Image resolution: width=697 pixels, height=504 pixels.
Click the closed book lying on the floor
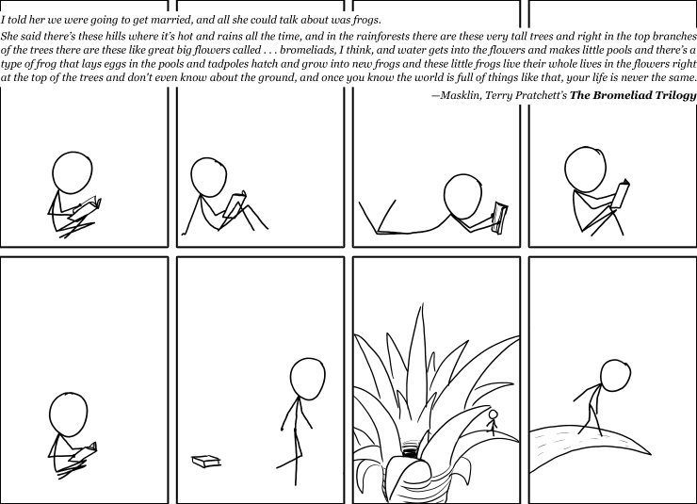pyautogui.click(x=206, y=461)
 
